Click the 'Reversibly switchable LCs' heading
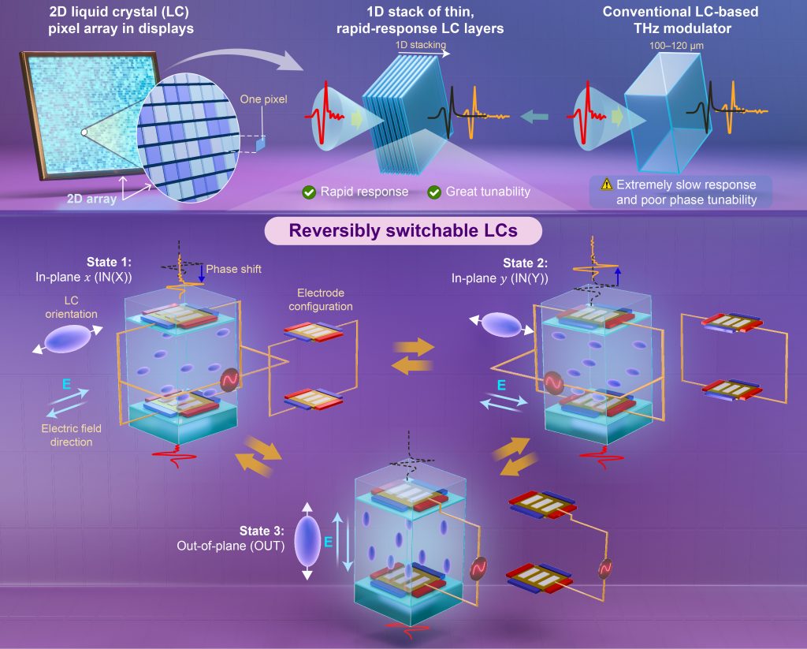point(403,231)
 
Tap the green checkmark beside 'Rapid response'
point(310,192)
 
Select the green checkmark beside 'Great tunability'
point(433,192)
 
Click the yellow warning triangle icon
point(606,185)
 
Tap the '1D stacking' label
point(415,47)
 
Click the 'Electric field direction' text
point(67,435)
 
